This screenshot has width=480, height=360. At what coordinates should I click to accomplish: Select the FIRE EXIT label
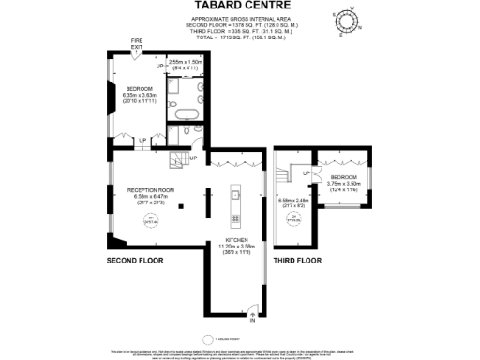pos(137,43)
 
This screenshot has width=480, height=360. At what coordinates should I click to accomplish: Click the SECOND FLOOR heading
pos(135,259)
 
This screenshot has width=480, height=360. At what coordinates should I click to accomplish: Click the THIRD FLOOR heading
pos(298,259)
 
